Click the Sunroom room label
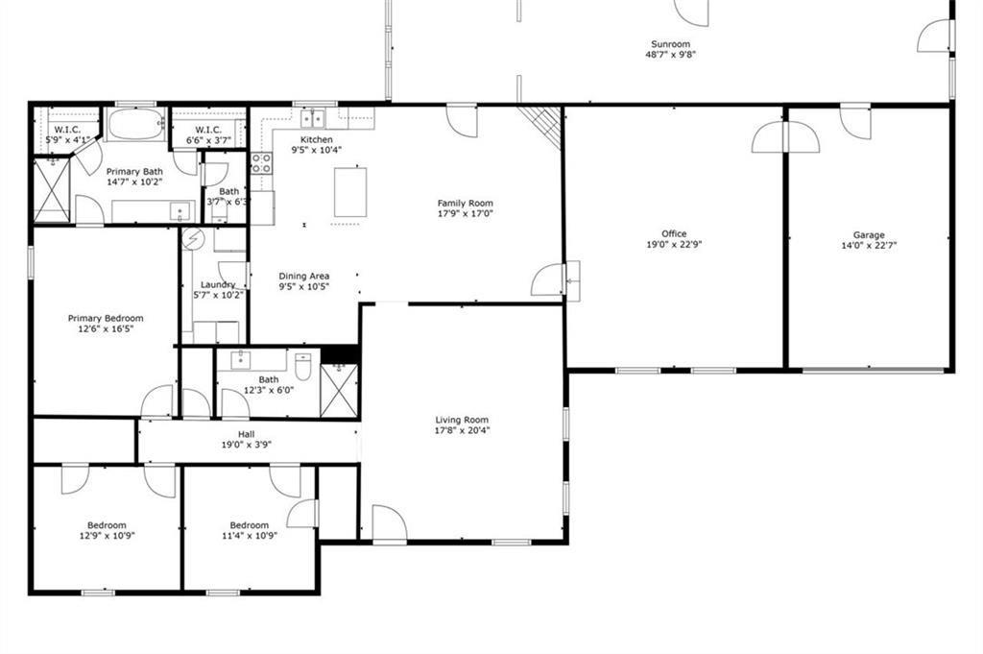(670, 44)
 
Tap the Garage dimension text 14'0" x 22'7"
(869, 246)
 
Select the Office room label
(674, 234)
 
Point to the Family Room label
(466, 204)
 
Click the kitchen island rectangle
(350, 192)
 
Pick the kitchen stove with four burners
(261, 163)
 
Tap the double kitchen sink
(312, 117)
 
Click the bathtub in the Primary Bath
(136, 124)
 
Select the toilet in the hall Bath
(302, 367)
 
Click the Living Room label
(462, 420)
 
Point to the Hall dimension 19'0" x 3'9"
(247, 445)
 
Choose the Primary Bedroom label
(106, 319)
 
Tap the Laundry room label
(218, 284)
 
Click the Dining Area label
(304, 276)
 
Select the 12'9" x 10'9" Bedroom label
(107, 525)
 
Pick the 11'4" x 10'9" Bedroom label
(250, 525)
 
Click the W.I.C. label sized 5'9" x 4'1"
(67, 130)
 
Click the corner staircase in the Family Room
(541, 126)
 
